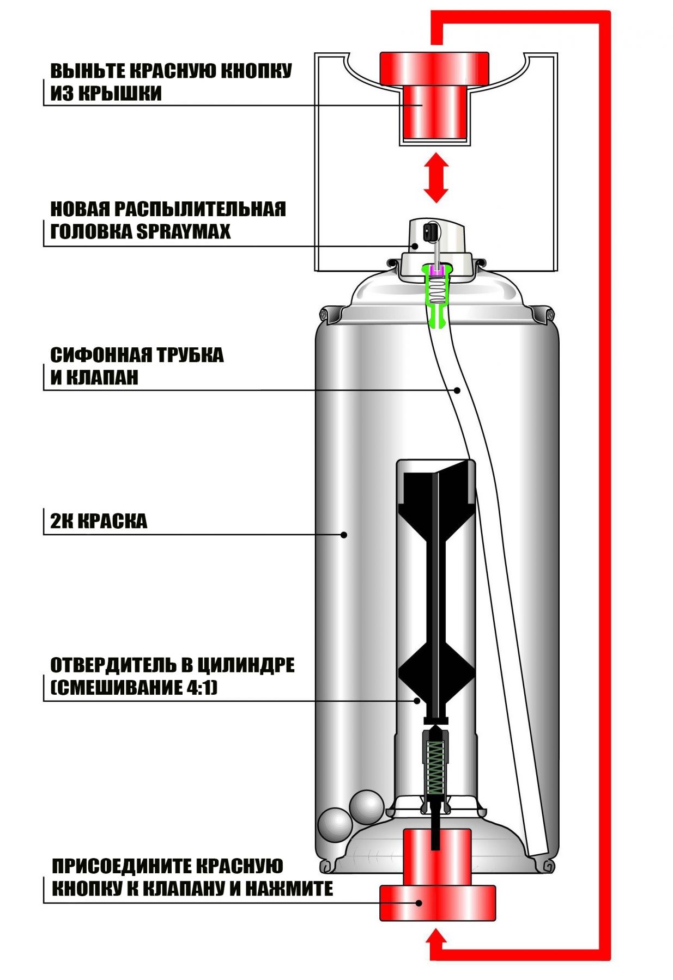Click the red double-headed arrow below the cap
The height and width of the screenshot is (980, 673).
coord(436,177)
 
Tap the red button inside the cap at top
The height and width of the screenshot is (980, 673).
coord(434,95)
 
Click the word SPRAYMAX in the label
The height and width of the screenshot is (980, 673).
coord(183,231)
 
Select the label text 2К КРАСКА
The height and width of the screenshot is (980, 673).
coord(99,521)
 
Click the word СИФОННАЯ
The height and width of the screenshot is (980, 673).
coord(100,355)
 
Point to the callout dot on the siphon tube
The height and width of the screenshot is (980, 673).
coord(458,390)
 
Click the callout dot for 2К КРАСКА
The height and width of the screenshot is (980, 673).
coord(344,535)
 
